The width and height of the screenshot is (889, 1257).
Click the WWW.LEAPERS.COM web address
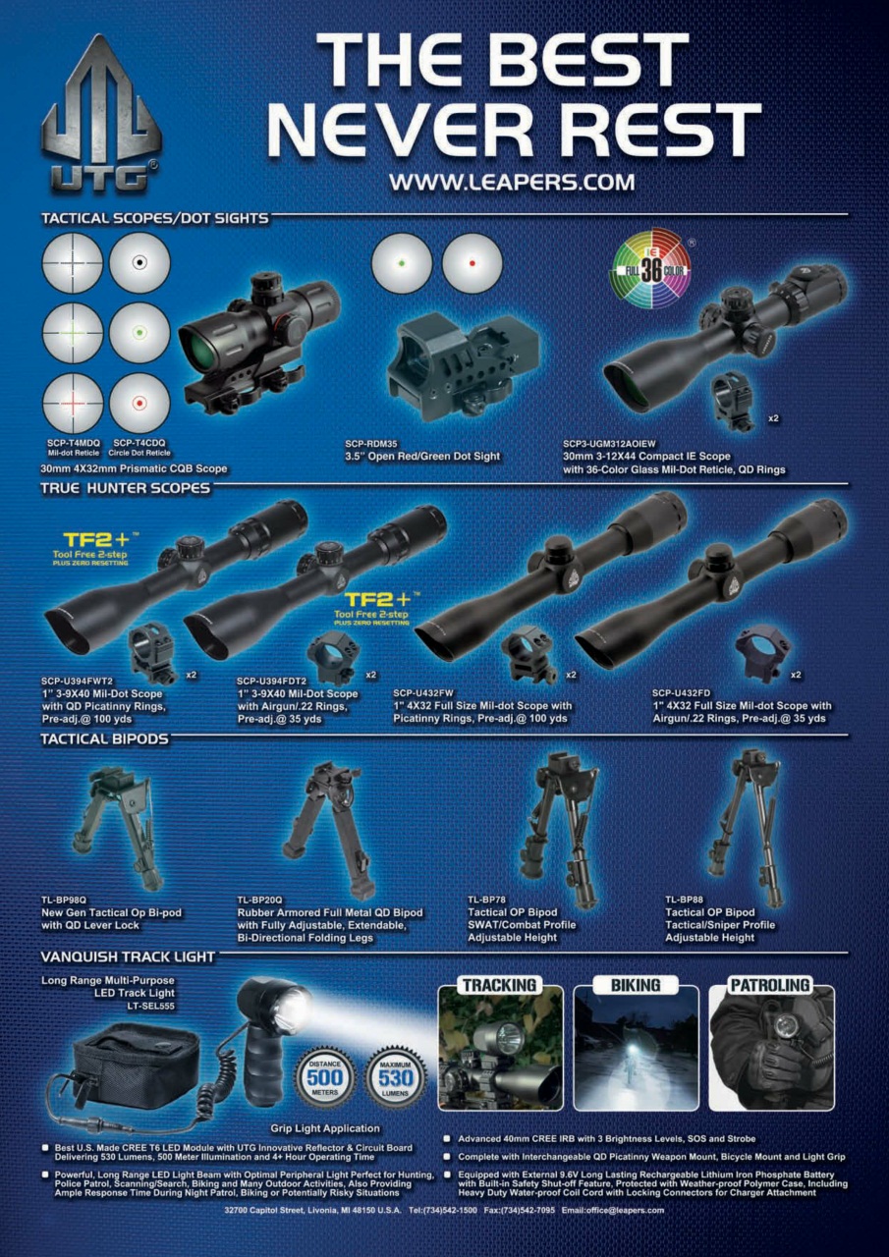(x=511, y=182)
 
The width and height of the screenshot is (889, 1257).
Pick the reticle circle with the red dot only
(x=472, y=263)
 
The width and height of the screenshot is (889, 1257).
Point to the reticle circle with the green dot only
(x=402, y=263)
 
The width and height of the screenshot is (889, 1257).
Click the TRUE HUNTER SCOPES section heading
(x=125, y=487)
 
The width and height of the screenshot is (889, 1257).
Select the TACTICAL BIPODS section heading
(x=104, y=738)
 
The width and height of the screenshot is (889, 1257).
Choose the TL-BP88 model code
(x=685, y=900)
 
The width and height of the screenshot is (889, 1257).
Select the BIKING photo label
(x=637, y=985)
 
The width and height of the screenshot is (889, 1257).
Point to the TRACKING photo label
(x=500, y=985)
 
